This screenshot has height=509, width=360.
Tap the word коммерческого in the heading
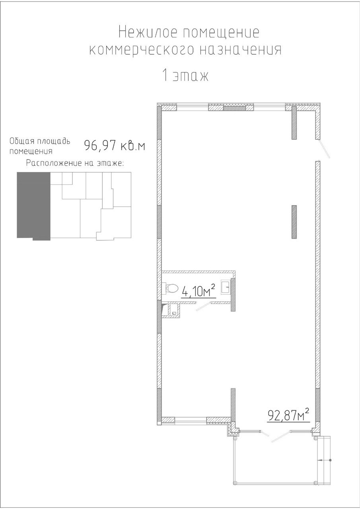(141, 50)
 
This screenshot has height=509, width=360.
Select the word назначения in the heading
(241, 50)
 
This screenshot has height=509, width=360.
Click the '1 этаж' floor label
(185, 76)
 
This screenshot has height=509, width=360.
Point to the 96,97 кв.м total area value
(115, 145)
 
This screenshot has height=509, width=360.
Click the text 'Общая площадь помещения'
(40, 146)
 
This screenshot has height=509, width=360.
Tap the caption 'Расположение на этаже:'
(75, 163)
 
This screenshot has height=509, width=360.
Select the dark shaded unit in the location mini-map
(34, 206)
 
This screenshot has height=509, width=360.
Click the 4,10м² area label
(198, 292)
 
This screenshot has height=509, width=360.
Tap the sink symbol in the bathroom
(226, 288)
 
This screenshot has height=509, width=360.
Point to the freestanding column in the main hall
(294, 222)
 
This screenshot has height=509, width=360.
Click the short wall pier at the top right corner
(294, 122)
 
